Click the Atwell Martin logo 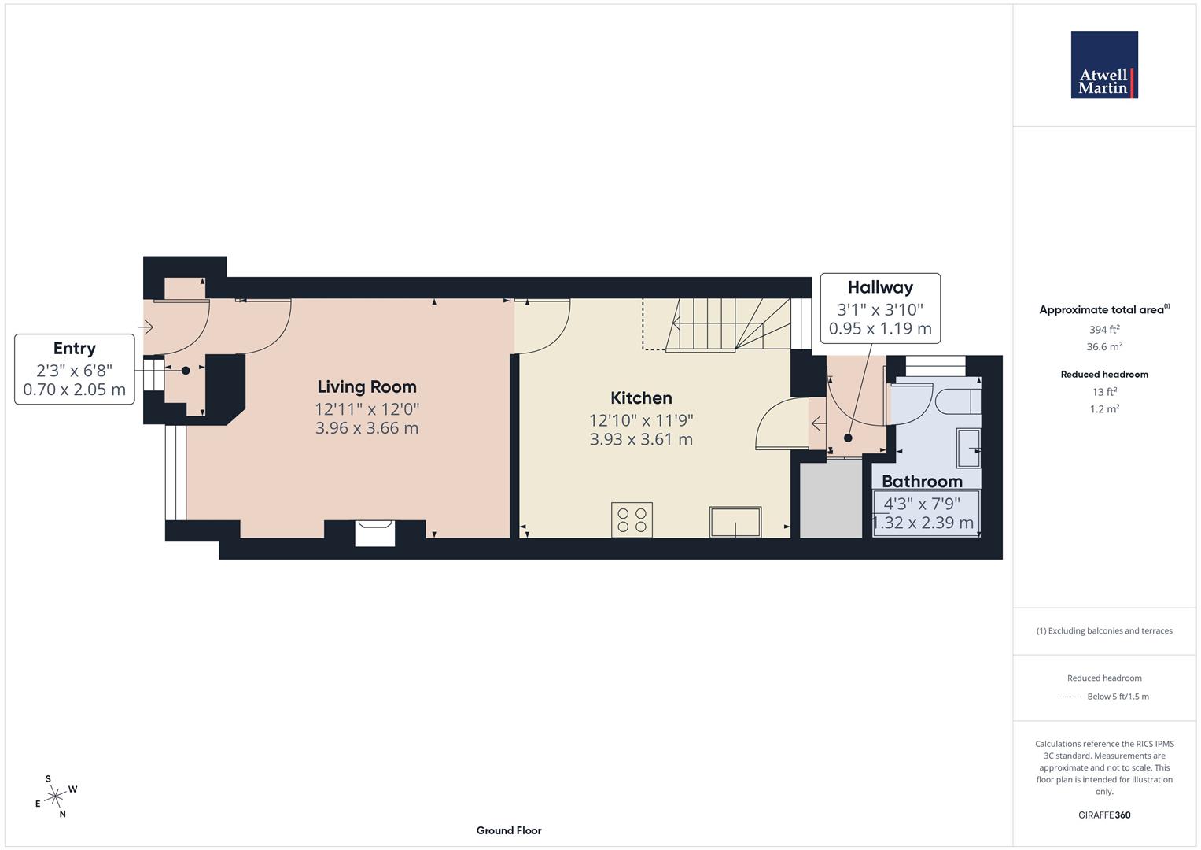pos(1104,65)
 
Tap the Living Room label pos(367,386)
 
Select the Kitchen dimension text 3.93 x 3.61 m pos(641,439)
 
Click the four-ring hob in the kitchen pos(632,519)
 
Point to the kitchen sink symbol pos(735,522)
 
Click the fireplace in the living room pos(374,532)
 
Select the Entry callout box pos(74,369)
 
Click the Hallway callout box pos(880,309)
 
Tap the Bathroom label pos(922,481)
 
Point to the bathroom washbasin pos(969,448)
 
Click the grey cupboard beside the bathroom pos(831,499)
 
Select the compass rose pos(55,796)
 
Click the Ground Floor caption pos(509,830)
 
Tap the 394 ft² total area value pos(1104,330)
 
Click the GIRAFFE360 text pos(1104,815)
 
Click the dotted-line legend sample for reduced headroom pos(1070,697)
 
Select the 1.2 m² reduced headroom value pos(1104,408)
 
